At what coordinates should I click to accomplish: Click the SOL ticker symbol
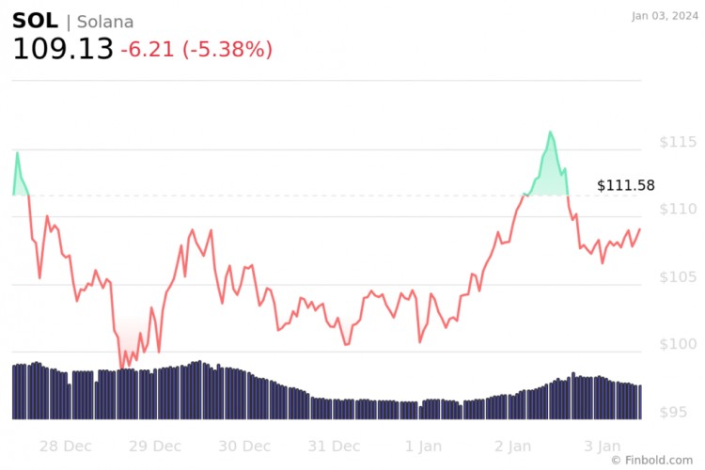tap(35, 21)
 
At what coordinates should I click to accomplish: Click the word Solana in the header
tap(105, 22)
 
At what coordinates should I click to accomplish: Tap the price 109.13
tap(62, 49)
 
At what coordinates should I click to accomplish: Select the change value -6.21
tap(148, 49)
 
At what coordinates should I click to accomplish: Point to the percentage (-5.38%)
tap(227, 49)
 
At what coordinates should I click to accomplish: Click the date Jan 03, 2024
tap(666, 15)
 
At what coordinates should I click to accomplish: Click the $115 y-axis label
tap(677, 142)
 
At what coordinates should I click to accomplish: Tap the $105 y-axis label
tap(677, 277)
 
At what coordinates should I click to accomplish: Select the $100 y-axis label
tap(677, 345)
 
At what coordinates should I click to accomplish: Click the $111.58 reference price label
tap(625, 185)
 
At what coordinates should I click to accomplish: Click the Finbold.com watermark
tap(654, 460)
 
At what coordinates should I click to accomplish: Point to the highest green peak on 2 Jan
tap(550, 133)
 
